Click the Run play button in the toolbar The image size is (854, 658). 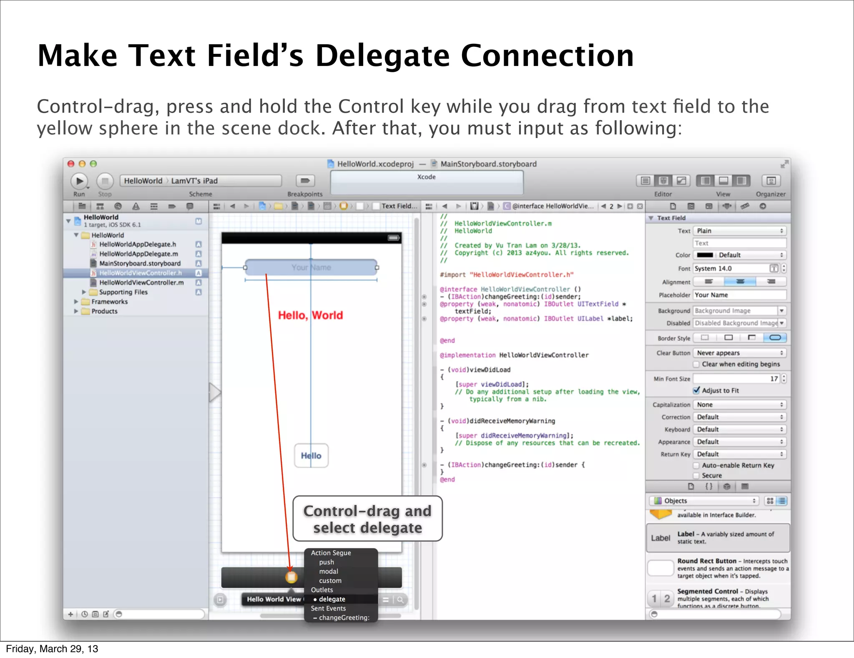coord(79,181)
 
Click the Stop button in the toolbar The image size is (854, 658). coord(105,181)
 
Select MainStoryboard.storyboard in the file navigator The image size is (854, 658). coord(140,263)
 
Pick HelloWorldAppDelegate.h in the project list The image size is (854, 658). coord(138,244)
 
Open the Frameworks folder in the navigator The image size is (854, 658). coord(109,301)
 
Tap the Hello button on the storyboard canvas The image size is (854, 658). coord(311,456)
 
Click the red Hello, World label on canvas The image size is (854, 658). coord(310,315)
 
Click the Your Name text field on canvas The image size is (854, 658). coord(311,268)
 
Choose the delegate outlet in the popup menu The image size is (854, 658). coord(332,599)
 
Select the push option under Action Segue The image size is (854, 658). coord(327,562)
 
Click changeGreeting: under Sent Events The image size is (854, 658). coord(344,618)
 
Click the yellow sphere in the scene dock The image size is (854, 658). coord(291,577)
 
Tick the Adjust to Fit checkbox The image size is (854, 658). coord(696,390)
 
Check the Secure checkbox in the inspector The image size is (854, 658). coord(696,476)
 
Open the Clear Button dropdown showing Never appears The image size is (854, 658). coord(739,353)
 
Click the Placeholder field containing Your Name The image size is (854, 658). coord(739,295)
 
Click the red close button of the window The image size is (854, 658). coord(71,164)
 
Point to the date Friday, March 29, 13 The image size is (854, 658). coord(52,649)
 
